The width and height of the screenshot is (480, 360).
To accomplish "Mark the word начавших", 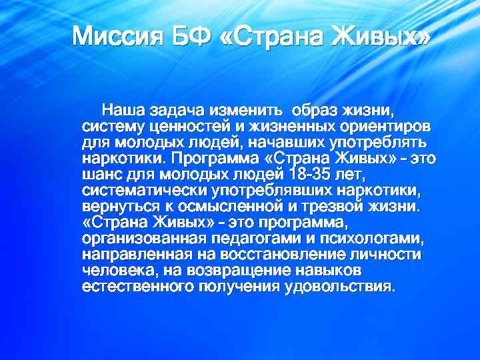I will [x=285, y=142].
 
